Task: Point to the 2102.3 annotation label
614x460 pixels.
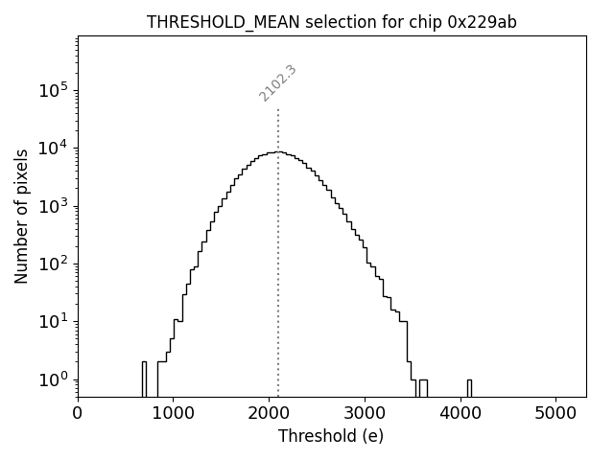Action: click(x=277, y=83)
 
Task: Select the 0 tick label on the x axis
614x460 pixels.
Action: click(x=78, y=415)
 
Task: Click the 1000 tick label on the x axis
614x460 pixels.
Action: click(x=173, y=415)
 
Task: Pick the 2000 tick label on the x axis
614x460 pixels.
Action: click(x=269, y=415)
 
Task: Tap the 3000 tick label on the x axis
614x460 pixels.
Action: click(x=365, y=415)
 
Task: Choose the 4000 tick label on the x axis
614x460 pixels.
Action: click(x=460, y=415)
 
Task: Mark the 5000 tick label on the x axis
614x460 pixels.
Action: click(x=556, y=415)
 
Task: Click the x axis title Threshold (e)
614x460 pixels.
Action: click(x=331, y=436)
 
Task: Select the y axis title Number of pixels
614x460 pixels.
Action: click(x=21, y=216)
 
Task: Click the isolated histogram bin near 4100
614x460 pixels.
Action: click(x=469, y=387)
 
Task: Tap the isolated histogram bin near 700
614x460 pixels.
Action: click(x=144, y=379)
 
